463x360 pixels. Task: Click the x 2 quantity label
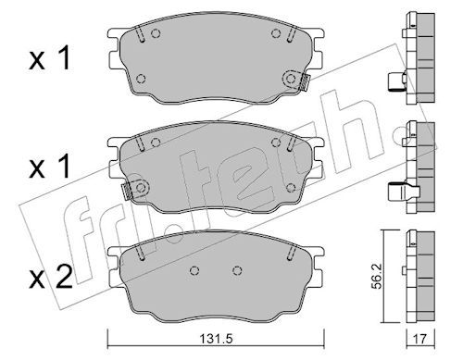(x=51, y=277)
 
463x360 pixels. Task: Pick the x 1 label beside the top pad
(x=50, y=57)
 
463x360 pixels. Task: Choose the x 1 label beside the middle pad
(x=50, y=167)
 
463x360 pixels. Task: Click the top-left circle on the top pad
(x=156, y=33)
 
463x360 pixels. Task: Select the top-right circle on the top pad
(x=276, y=33)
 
